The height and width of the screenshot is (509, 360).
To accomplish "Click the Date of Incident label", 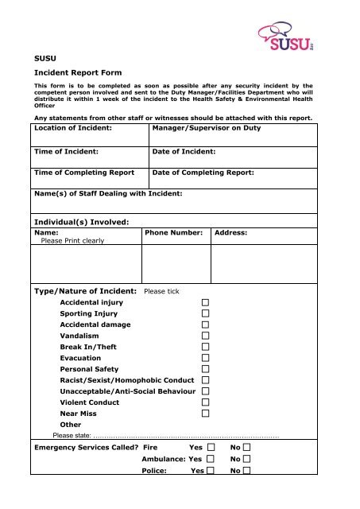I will click(184, 150).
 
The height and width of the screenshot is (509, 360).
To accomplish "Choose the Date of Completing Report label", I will click(203, 172).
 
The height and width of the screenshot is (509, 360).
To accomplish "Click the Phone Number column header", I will click(173, 232).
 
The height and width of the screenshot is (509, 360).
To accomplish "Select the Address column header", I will click(231, 232).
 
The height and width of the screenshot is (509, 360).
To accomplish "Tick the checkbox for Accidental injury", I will click(205, 303).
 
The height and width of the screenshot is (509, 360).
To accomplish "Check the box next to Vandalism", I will click(205, 336).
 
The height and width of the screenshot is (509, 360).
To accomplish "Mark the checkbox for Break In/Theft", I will click(205, 348).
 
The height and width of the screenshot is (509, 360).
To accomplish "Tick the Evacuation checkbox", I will click(205, 359).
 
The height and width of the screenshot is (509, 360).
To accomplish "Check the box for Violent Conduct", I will click(205, 402).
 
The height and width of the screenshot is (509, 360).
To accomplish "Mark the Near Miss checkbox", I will click(205, 414).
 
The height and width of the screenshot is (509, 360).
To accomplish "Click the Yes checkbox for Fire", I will click(210, 449).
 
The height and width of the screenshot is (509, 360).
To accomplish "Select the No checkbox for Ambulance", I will click(249, 460).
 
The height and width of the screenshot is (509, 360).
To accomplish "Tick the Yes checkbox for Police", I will click(210, 471).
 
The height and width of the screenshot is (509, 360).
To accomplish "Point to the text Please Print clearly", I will click(77, 240).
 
